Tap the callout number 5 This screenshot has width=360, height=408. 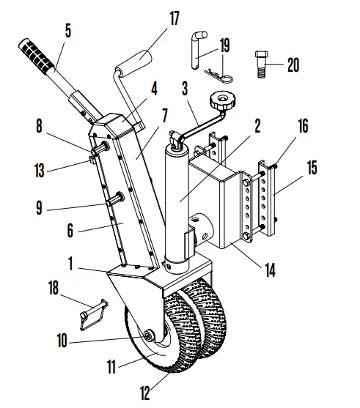68,31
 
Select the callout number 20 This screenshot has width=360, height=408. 293,64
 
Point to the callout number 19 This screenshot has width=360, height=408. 224,45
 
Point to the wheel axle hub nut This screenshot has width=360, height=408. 149,336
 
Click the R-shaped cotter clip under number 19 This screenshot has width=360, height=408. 217,73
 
